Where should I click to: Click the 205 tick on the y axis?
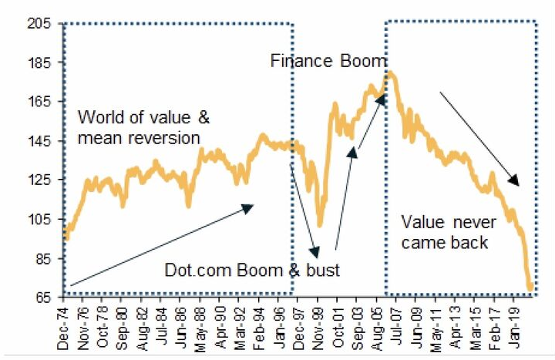[x=40, y=24]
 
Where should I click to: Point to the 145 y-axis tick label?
[x=40, y=142]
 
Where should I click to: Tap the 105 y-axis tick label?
[x=40, y=220]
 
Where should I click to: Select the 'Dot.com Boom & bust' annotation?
[x=252, y=271]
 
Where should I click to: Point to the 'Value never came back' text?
[x=445, y=232]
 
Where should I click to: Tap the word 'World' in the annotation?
[x=98, y=118]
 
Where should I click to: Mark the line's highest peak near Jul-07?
[x=392, y=73]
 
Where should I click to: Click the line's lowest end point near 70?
[x=531, y=288]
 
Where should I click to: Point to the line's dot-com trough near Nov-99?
[x=320, y=226]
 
